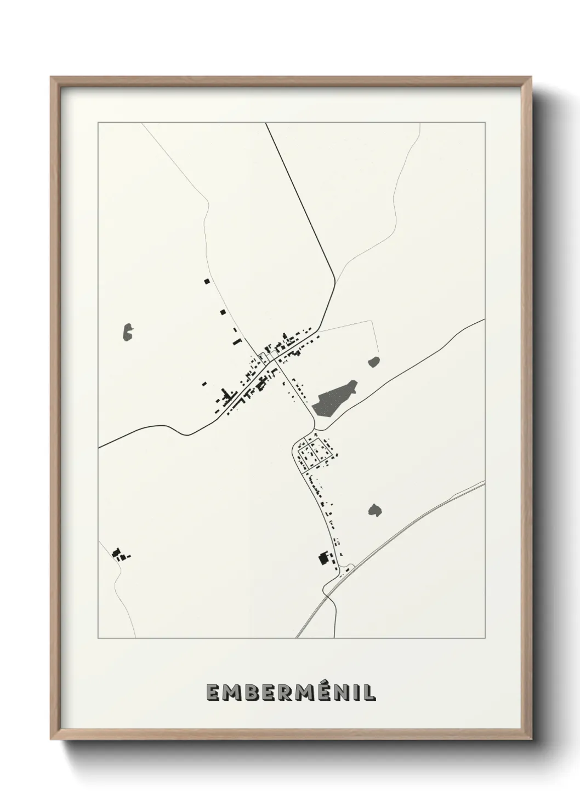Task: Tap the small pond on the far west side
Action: click(x=128, y=332)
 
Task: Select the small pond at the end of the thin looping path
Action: click(x=374, y=362)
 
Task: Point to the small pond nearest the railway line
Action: click(x=375, y=511)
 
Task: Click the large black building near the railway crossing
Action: click(x=324, y=559)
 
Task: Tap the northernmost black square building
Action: click(x=207, y=281)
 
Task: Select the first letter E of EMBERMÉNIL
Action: click(x=212, y=693)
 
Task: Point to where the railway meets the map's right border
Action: click(x=485, y=483)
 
